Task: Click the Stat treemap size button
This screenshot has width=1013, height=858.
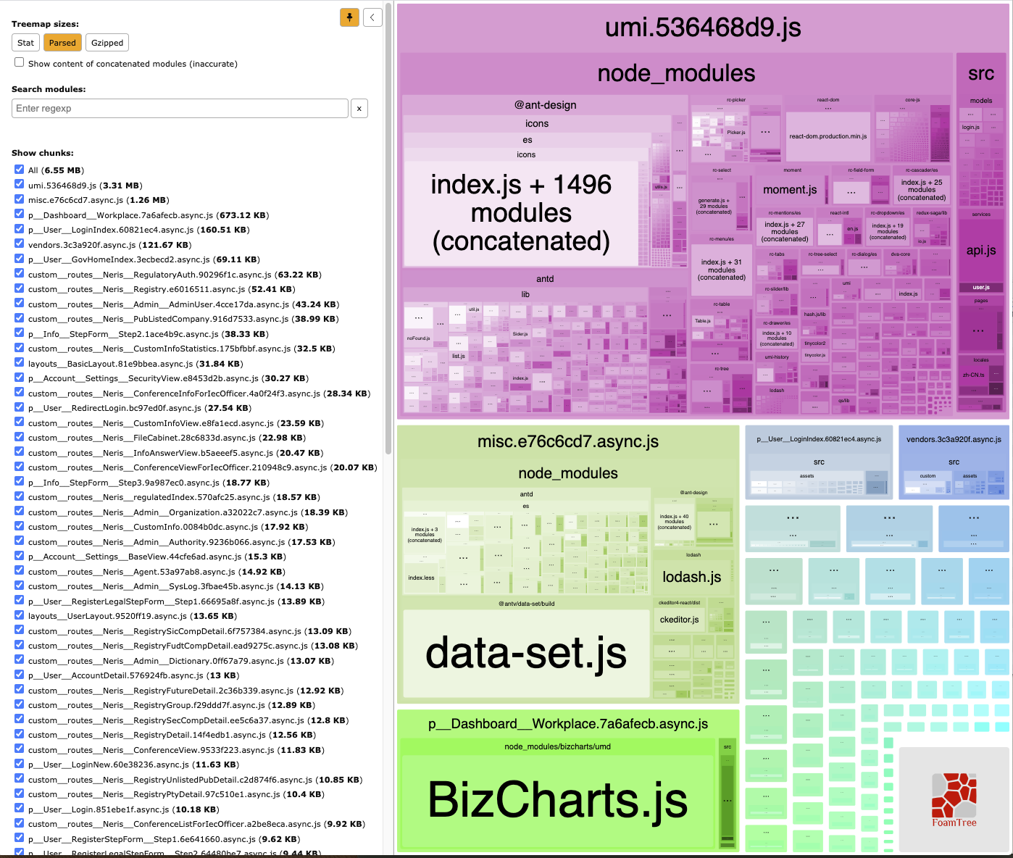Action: (x=25, y=43)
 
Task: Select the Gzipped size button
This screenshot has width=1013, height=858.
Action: (x=107, y=43)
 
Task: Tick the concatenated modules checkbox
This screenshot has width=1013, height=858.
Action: (x=20, y=62)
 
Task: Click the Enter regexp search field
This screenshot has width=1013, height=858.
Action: (x=180, y=109)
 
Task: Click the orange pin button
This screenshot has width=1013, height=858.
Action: (x=349, y=17)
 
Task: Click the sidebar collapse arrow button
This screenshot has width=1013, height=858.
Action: (x=372, y=17)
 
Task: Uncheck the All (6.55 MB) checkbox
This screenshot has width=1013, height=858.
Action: (x=20, y=170)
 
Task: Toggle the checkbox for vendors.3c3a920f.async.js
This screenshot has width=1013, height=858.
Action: (x=20, y=244)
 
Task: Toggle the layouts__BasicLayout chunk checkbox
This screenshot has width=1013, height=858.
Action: (x=20, y=363)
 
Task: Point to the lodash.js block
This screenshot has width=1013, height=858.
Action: (x=692, y=577)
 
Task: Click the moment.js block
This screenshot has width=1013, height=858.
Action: (x=790, y=190)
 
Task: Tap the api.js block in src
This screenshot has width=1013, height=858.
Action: (x=981, y=251)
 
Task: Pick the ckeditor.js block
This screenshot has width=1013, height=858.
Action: (x=679, y=620)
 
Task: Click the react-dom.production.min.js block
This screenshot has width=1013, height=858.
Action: (x=828, y=136)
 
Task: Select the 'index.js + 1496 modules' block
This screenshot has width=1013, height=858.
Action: (x=521, y=213)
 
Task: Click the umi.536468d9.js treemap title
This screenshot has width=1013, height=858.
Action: (x=703, y=28)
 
